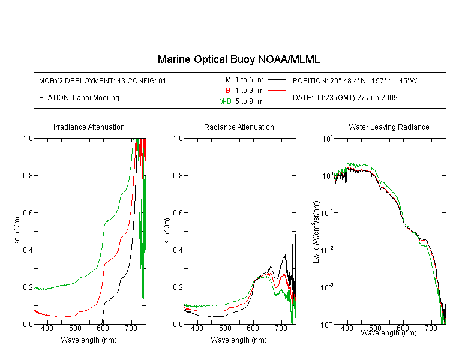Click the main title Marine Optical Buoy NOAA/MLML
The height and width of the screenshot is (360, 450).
point(238,59)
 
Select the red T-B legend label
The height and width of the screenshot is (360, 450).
point(224,91)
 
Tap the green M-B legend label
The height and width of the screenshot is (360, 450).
point(225,101)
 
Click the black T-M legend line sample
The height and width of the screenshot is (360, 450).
point(277,80)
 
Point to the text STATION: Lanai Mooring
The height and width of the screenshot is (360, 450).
point(79,98)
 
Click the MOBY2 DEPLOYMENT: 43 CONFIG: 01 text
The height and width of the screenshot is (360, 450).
point(103,80)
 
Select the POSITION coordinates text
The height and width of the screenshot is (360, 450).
point(355,80)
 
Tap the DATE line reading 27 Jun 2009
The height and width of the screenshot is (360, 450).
point(345,98)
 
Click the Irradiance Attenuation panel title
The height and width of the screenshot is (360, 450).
point(89,127)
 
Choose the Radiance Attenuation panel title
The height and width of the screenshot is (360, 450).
point(239,127)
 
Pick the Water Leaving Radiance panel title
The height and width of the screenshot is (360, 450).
point(389,127)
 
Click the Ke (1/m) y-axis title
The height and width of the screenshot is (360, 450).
point(17,231)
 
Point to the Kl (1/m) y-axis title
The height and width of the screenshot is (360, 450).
point(167,231)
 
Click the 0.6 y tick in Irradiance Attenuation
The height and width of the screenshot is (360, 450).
point(28,212)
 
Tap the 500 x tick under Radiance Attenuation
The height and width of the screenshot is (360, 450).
point(225,328)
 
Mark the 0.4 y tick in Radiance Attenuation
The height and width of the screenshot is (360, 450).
point(178,250)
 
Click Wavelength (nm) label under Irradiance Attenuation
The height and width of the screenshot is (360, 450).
point(89,340)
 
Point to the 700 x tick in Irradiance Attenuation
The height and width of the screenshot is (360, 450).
point(131,328)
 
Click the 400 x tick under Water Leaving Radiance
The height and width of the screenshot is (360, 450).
point(347,328)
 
